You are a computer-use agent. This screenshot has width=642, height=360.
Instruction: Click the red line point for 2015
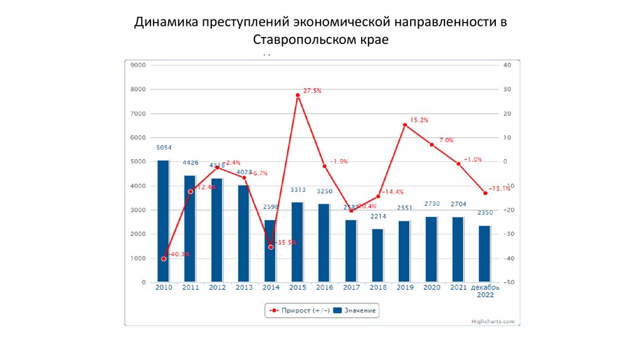tap(298, 95)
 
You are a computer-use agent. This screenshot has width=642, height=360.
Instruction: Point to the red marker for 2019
tap(405, 125)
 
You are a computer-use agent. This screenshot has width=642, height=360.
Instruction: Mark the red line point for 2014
tap(271, 247)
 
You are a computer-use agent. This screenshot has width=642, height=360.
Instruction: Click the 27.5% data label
tap(312, 91)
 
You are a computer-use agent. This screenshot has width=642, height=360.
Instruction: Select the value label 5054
tap(163, 148)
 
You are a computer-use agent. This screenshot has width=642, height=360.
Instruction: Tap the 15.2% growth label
tap(419, 120)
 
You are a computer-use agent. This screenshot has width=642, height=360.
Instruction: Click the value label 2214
tap(377, 216)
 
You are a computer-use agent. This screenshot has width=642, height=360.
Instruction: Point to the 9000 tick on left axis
tap(137, 65)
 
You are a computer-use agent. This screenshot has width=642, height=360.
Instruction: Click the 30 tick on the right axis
tap(508, 89)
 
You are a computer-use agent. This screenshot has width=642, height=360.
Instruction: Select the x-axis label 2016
tap(324, 287)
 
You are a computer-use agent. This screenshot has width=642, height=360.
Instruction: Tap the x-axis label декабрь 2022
tap(485, 290)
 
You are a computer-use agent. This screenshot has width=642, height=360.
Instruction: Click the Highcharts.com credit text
tap(493, 320)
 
